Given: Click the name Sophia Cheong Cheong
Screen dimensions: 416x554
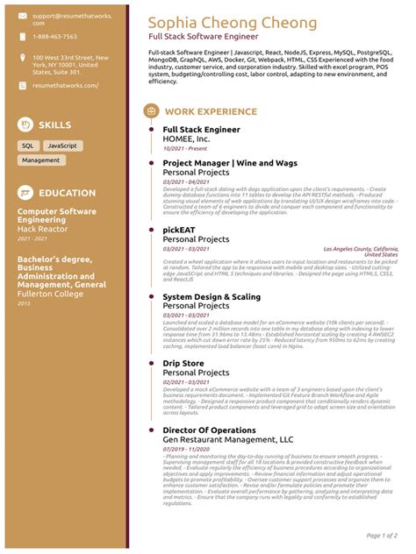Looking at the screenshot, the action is (233, 22).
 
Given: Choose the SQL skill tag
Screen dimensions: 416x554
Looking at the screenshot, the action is (27, 146).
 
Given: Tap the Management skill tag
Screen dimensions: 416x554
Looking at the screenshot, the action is (40, 160).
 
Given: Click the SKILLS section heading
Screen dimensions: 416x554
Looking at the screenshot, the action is (55, 124).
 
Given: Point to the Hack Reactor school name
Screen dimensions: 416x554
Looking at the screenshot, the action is (44, 228).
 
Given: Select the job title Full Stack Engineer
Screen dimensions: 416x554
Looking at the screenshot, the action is (201, 130).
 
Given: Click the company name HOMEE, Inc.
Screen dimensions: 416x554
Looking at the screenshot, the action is (186, 139).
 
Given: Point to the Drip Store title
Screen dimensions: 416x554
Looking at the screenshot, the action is (183, 363).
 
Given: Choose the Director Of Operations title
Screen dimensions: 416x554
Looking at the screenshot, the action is (210, 430).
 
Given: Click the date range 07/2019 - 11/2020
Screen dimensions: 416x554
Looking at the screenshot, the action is (186, 449).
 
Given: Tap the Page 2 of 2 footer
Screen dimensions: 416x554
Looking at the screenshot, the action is (384, 535).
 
